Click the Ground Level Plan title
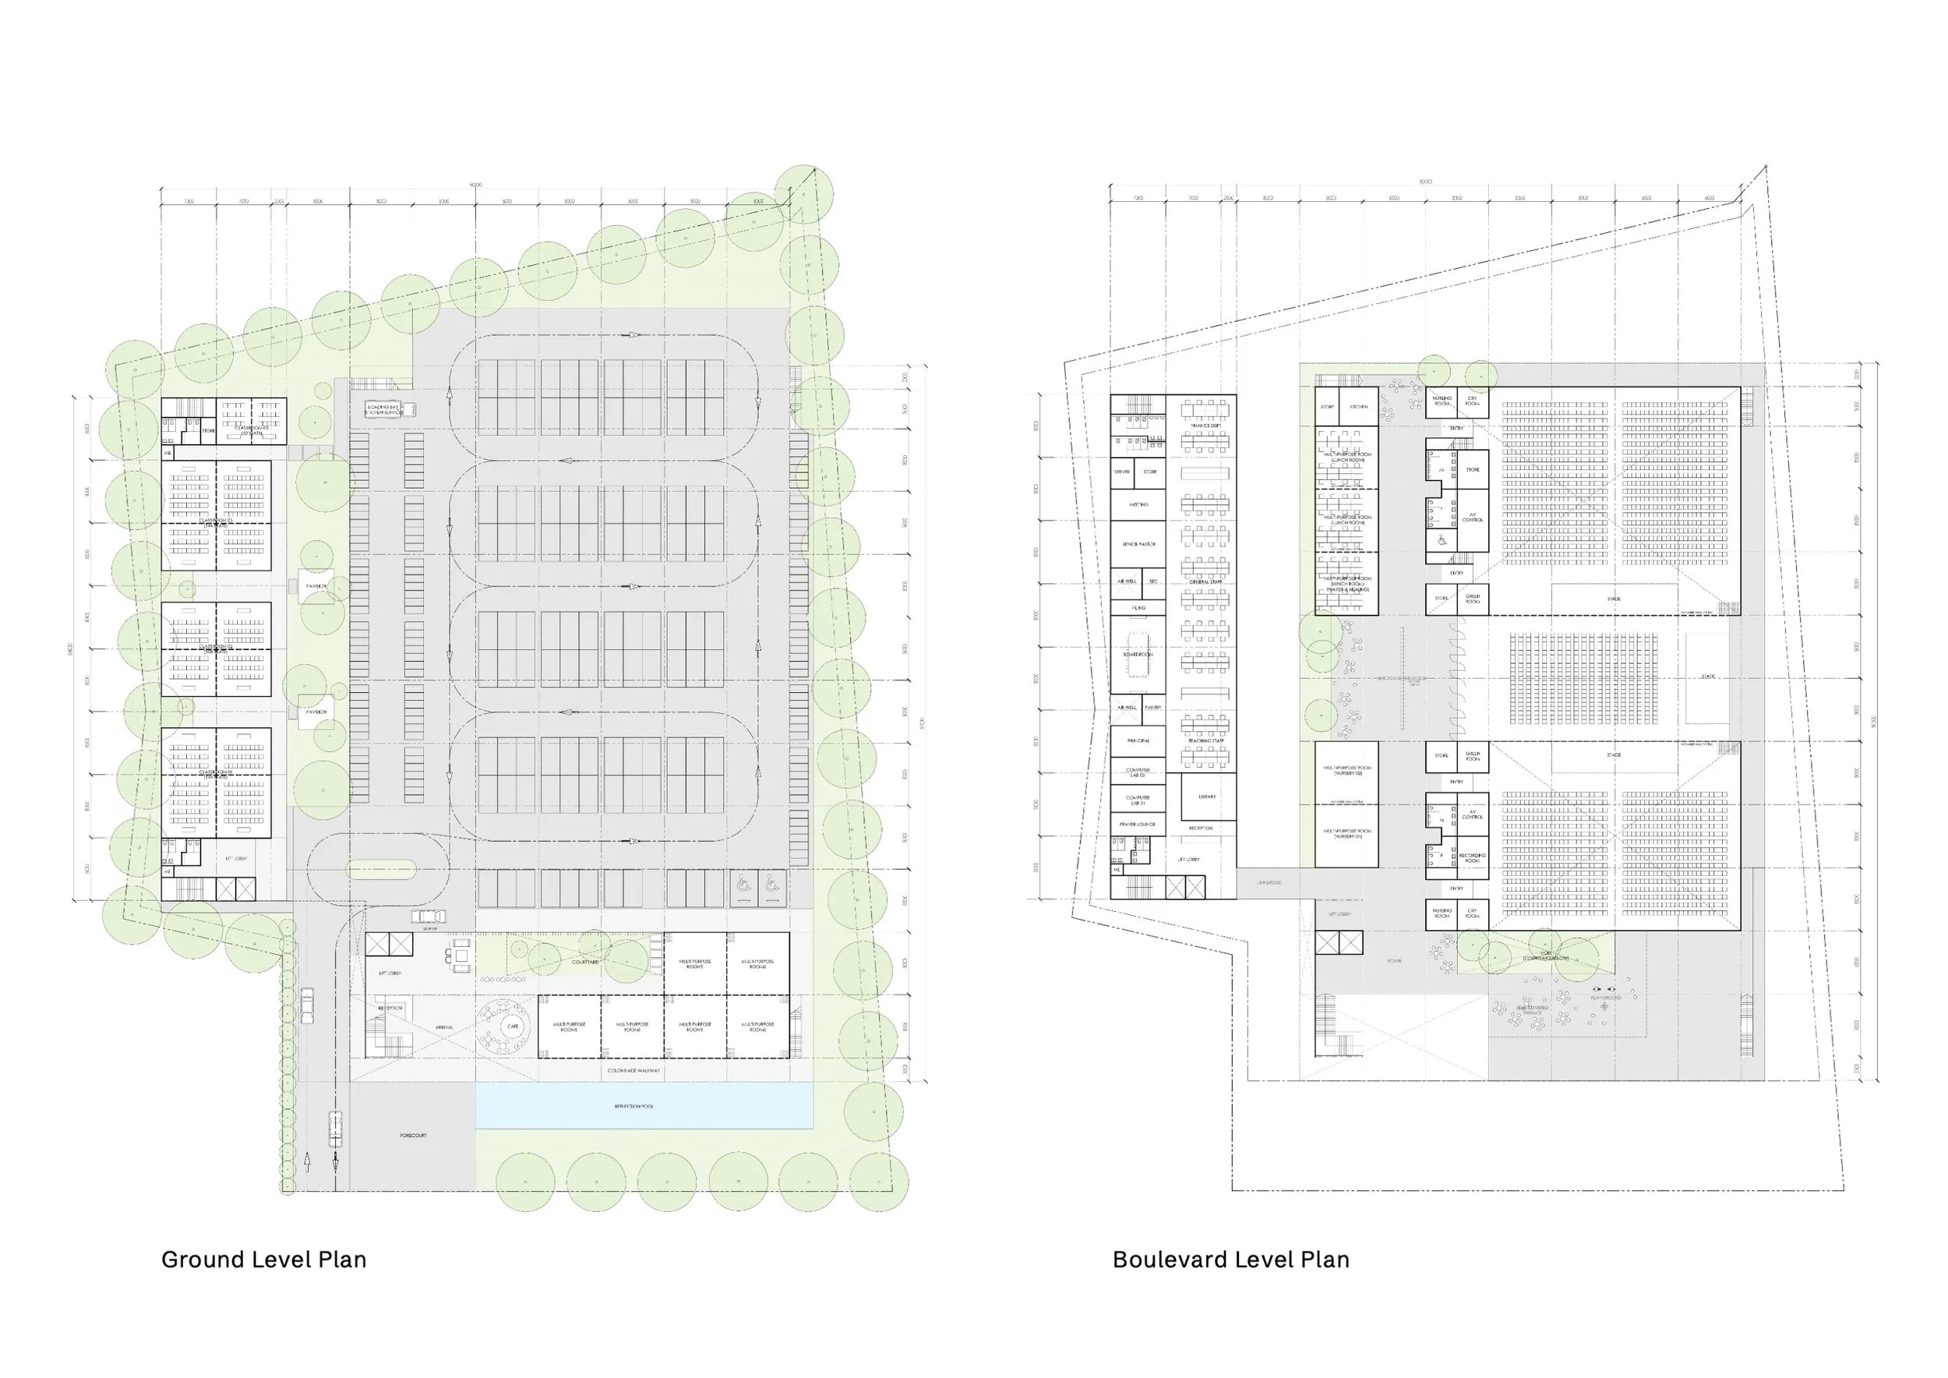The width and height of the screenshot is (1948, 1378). tap(264, 1260)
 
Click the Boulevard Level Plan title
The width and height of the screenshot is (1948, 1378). tap(1230, 1260)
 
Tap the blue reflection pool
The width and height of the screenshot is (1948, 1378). tap(644, 1107)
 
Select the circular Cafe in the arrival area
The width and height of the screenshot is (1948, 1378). tap(513, 1026)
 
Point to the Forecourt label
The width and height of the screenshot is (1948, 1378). tap(413, 1136)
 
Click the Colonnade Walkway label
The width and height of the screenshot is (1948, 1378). tap(633, 1071)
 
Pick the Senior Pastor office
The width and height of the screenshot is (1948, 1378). tap(1138, 544)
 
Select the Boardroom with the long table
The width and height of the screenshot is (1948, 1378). tap(1138, 655)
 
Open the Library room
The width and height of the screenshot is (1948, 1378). tap(1206, 797)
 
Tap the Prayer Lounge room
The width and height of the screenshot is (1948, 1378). tap(1138, 824)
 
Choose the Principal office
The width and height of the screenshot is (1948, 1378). tap(1138, 740)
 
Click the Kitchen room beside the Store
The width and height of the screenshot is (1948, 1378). tap(1357, 408)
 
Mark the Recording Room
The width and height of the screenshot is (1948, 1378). tap(1472, 858)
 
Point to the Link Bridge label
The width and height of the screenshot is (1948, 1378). tap(1269, 883)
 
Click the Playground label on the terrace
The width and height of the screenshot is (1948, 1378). tap(1605, 998)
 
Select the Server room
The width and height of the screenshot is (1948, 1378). tap(1123, 472)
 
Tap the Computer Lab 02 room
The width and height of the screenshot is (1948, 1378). tap(1138, 772)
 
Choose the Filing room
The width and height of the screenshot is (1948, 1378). tap(1138, 607)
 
